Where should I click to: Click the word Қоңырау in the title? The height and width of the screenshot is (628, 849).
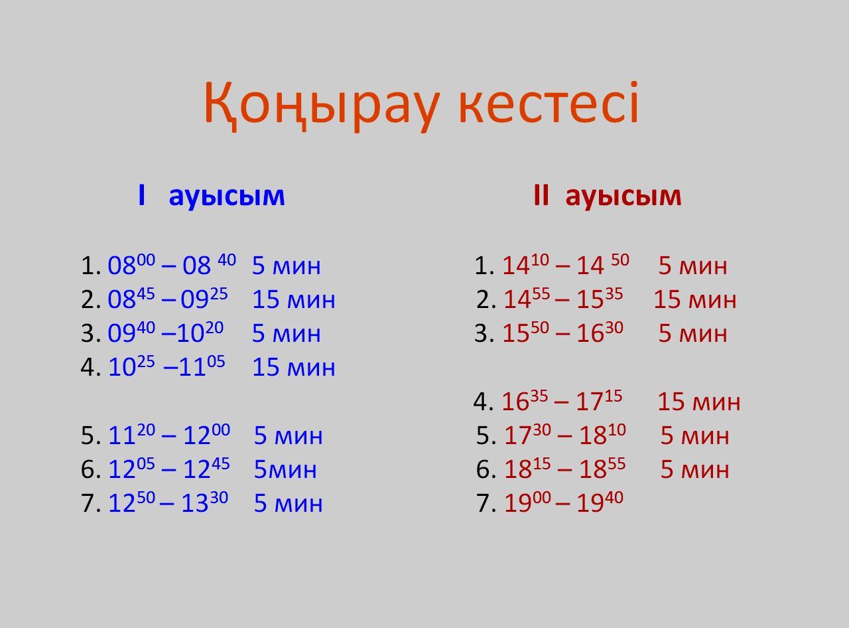point(321,106)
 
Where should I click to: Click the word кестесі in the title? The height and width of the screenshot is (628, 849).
point(548,102)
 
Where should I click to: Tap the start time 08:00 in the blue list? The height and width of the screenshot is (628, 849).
point(131,264)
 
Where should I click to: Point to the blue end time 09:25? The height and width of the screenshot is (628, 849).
point(204,297)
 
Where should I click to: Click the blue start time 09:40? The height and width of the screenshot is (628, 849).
point(131,331)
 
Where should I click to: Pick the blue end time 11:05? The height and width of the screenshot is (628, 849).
point(202,366)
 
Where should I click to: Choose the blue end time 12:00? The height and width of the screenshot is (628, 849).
point(207,434)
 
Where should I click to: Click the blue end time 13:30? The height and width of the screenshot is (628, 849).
point(205,502)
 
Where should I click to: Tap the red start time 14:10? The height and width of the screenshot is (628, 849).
point(525,264)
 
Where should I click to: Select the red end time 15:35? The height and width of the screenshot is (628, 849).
point(600,297)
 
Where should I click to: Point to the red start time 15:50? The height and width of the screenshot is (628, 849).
point(525,331)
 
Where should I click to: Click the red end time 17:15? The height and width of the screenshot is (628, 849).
point(599,400)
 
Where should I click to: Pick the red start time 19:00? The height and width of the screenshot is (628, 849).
point(528,502)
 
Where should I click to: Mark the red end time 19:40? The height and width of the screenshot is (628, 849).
point(600,502)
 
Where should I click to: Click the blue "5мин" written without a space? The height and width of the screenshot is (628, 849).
point(285,469)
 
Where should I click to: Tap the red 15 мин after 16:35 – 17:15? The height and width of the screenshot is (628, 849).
point(699,402)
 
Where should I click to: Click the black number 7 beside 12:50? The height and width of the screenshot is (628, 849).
point(87,503)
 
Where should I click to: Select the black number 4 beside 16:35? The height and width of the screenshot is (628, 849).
point(480,401)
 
